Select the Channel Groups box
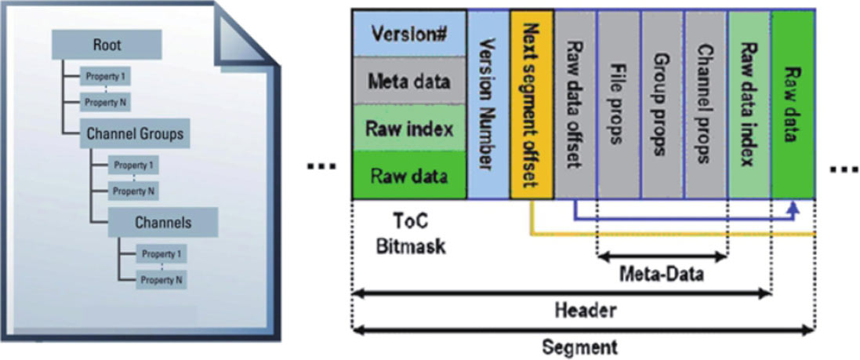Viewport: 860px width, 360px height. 135,134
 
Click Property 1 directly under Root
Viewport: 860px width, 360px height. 106,77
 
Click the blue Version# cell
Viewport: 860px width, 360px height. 409,35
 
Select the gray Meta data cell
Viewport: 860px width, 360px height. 409,82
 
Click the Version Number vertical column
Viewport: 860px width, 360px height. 488,104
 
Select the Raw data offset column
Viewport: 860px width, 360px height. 575,104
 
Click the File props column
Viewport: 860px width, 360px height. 619,104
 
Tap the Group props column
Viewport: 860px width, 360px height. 662,104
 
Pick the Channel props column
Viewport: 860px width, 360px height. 706,104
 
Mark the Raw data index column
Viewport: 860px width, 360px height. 749,104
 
